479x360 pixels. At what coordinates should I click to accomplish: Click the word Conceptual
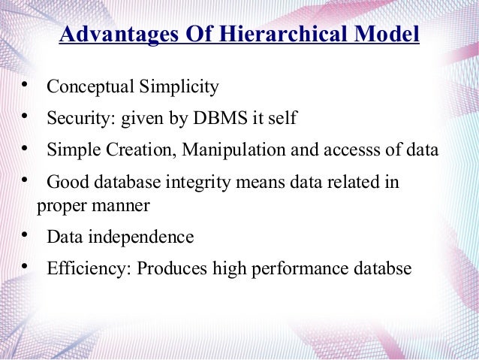click(x=89, y=87)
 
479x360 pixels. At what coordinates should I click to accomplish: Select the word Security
click(x=76, y=119)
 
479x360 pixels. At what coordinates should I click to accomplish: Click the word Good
click(x=65, y=183)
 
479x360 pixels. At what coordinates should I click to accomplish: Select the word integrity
click(x=200, y=183)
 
